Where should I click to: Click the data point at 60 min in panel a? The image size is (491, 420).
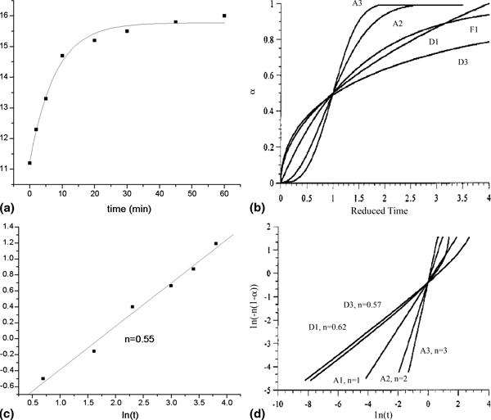(x=224, y=16)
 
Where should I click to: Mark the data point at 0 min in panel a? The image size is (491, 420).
(x=30, y=163)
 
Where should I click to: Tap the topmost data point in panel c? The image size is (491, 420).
(x=216, y=243)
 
